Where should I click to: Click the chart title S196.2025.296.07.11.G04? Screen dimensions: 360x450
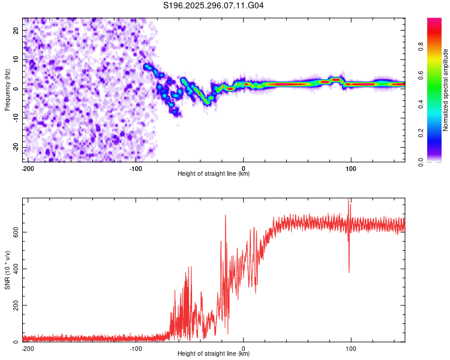(214, 6)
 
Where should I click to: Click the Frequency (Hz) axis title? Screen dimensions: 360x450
(7, 89)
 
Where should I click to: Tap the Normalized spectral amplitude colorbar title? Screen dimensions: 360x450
(445, 90)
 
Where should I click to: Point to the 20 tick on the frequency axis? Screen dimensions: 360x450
(16, 30)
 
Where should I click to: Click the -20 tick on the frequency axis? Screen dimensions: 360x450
(15, 148)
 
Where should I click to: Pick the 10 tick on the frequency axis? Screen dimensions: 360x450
(16, 59)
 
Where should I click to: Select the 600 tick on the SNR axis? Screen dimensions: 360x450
(13, 232)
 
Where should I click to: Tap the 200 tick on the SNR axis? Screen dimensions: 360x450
(13, 305)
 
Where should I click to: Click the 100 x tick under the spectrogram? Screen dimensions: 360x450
(350, 168)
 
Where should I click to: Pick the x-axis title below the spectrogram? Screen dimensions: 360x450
(214, 174)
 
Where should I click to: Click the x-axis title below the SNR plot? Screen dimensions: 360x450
(214, 354)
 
